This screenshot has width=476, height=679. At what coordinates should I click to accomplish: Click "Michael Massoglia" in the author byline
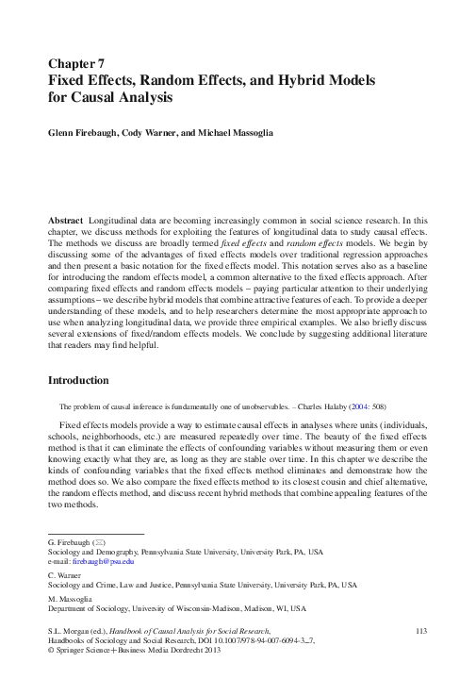tap(239, 134)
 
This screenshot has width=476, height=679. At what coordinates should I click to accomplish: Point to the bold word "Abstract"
tap(66, 218)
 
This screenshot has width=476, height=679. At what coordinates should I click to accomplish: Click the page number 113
tap(420, 629)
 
